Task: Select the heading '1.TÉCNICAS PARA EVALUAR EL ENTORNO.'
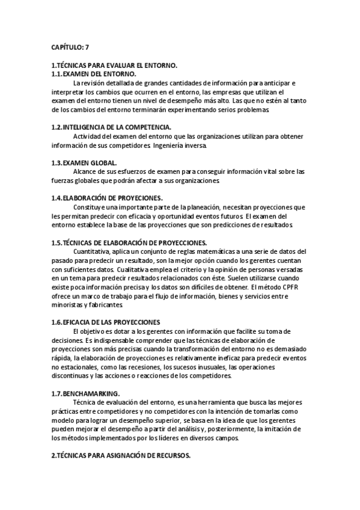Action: pos(115,64)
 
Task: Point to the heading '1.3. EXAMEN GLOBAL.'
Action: pos(85,162)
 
